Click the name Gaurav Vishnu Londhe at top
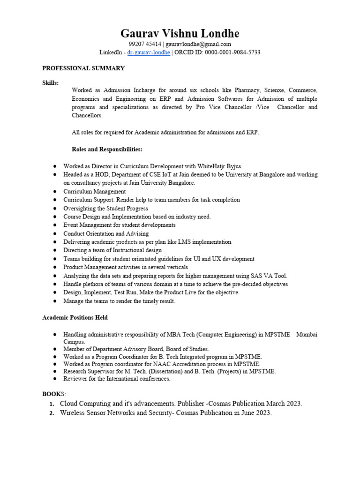point(180,33)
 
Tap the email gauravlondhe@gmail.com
point(199,44)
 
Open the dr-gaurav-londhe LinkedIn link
point(149,52)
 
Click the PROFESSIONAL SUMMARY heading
point(83,68)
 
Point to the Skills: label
point(51,83)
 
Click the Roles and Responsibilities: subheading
point(107,149)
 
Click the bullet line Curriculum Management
point(95,191)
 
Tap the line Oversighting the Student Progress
point(106,208)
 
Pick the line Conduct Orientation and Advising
point(106,233)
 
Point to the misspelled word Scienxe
point(273,90)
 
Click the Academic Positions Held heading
point(75,317)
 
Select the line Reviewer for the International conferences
point(117,379)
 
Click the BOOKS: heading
point(54,393)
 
